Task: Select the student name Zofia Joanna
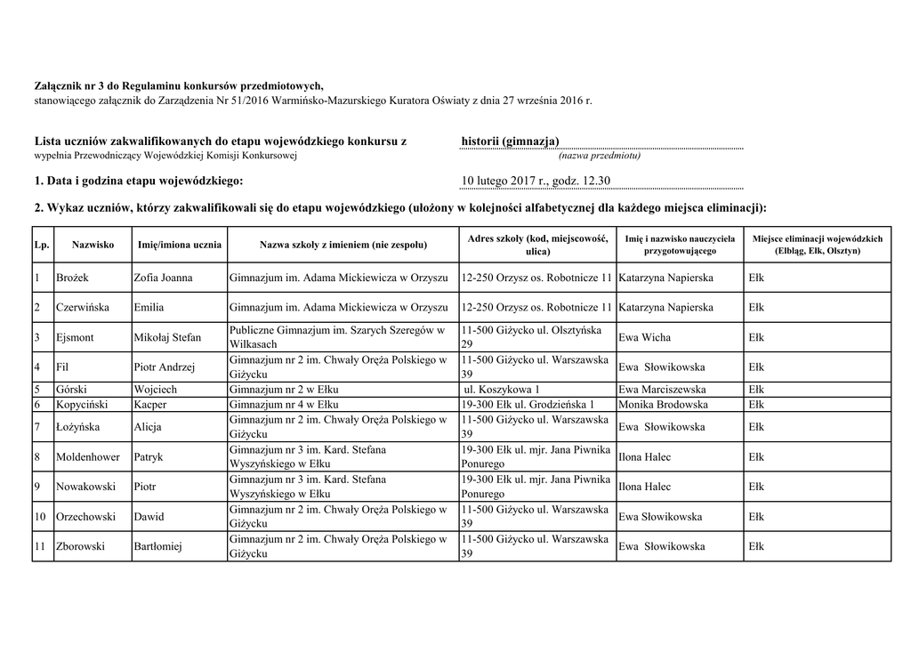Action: [163, 278]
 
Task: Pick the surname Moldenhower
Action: [91, 457]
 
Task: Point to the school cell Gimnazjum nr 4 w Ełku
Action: [283, 405]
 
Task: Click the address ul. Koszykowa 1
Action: [503, 390]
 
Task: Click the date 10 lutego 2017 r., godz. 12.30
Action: [536, 181]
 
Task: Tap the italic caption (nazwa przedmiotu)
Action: [600, 155]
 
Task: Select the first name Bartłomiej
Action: [157, 546]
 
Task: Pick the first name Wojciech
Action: [155, 390]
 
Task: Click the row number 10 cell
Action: [41, 517]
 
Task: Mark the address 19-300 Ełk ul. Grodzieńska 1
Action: [528, 405]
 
